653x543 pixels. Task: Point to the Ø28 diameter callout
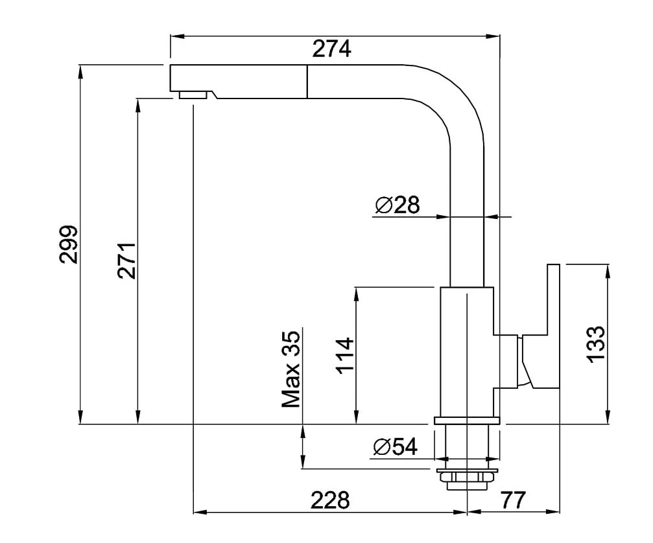coord(397,205)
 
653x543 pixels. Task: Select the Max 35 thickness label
coord(292,369)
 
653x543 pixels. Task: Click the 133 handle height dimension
coord(595,343)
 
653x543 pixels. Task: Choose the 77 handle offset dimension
coord(512,500)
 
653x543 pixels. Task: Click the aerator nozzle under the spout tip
coord(193,95)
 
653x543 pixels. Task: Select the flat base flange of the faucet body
coord(466,421)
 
